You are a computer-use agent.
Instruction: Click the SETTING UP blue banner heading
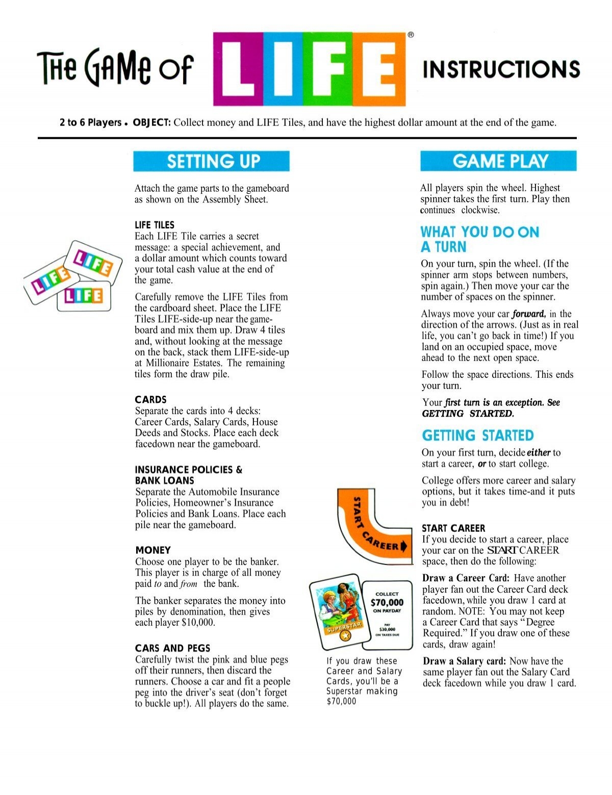click(211, 161)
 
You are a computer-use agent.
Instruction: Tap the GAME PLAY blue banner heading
click(498, 161)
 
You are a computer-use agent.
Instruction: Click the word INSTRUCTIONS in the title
click(501, 69)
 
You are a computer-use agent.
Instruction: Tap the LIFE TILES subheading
click(155, 225)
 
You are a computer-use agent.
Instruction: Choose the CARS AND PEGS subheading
click(172, 648)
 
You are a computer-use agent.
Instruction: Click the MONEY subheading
click(153, 550)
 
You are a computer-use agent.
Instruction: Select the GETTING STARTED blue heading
click(477, 435)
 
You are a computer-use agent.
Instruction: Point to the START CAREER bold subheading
click(453, 528)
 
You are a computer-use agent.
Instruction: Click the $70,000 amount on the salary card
click(387, 602)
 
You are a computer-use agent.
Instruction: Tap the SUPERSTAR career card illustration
click(336, 615)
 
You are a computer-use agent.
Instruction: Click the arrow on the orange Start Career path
click(404, 547)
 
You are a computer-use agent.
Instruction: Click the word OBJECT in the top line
click(151, 123)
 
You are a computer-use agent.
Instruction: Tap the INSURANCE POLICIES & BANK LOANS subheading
click(189, 475)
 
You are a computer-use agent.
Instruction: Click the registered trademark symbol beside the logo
click(411, 35)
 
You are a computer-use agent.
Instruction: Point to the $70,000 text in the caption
click(341, 701)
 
